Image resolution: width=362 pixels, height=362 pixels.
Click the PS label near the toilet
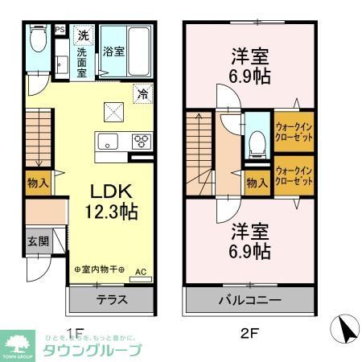pos(60,30)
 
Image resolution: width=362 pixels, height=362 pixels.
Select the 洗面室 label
pos(83,62)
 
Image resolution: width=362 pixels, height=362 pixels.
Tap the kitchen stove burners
pos(142,142)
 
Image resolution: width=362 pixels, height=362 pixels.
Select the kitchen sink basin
pos(107,142)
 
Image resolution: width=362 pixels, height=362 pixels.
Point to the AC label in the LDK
pos(140,271)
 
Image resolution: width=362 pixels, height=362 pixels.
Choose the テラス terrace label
pos(112,298)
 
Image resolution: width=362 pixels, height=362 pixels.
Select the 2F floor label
pos(250,332)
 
